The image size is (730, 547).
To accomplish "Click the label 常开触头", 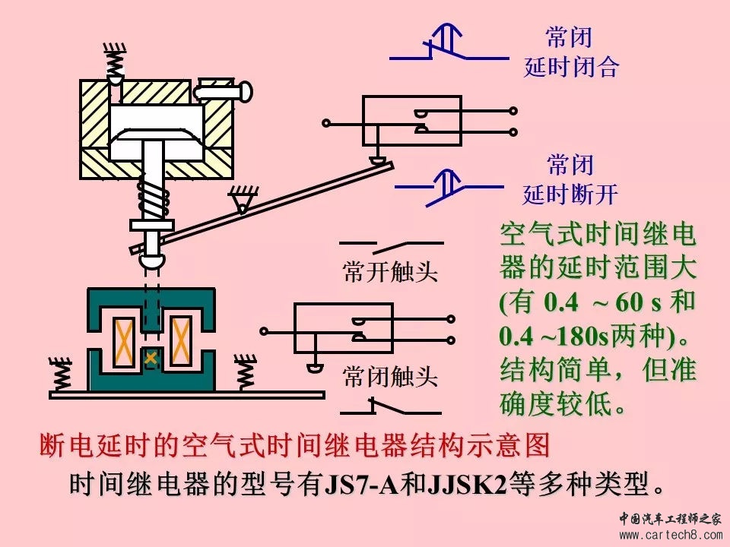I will click(390, 272).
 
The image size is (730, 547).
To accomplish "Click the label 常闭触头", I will click(390, 376).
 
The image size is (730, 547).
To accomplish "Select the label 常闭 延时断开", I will click(570, 180).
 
